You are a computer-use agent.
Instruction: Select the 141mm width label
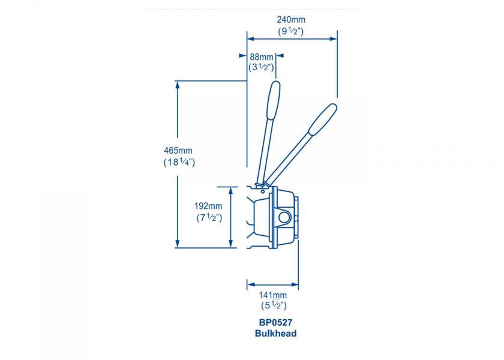click(273, 295)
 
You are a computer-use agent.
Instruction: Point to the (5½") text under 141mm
click(273, 307)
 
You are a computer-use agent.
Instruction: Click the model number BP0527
click(275, 323)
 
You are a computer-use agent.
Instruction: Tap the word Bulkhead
click(275, 334)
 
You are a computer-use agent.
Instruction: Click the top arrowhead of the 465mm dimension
click(178, 84)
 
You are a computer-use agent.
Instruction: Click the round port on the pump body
click(285, 217)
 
